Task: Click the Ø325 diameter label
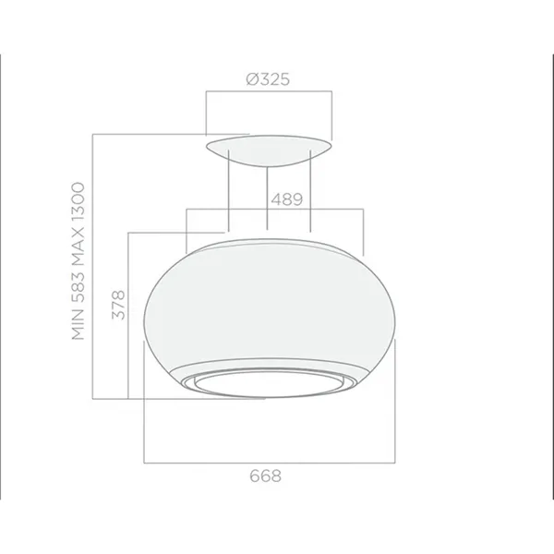click(268, 79)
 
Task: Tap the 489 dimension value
click(287, 199)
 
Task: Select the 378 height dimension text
click(118, 305)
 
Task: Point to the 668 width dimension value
click(266, 476)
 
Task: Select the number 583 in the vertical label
click(78, 286)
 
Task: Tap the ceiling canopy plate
click(269, 150)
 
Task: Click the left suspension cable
click(229, 191)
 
